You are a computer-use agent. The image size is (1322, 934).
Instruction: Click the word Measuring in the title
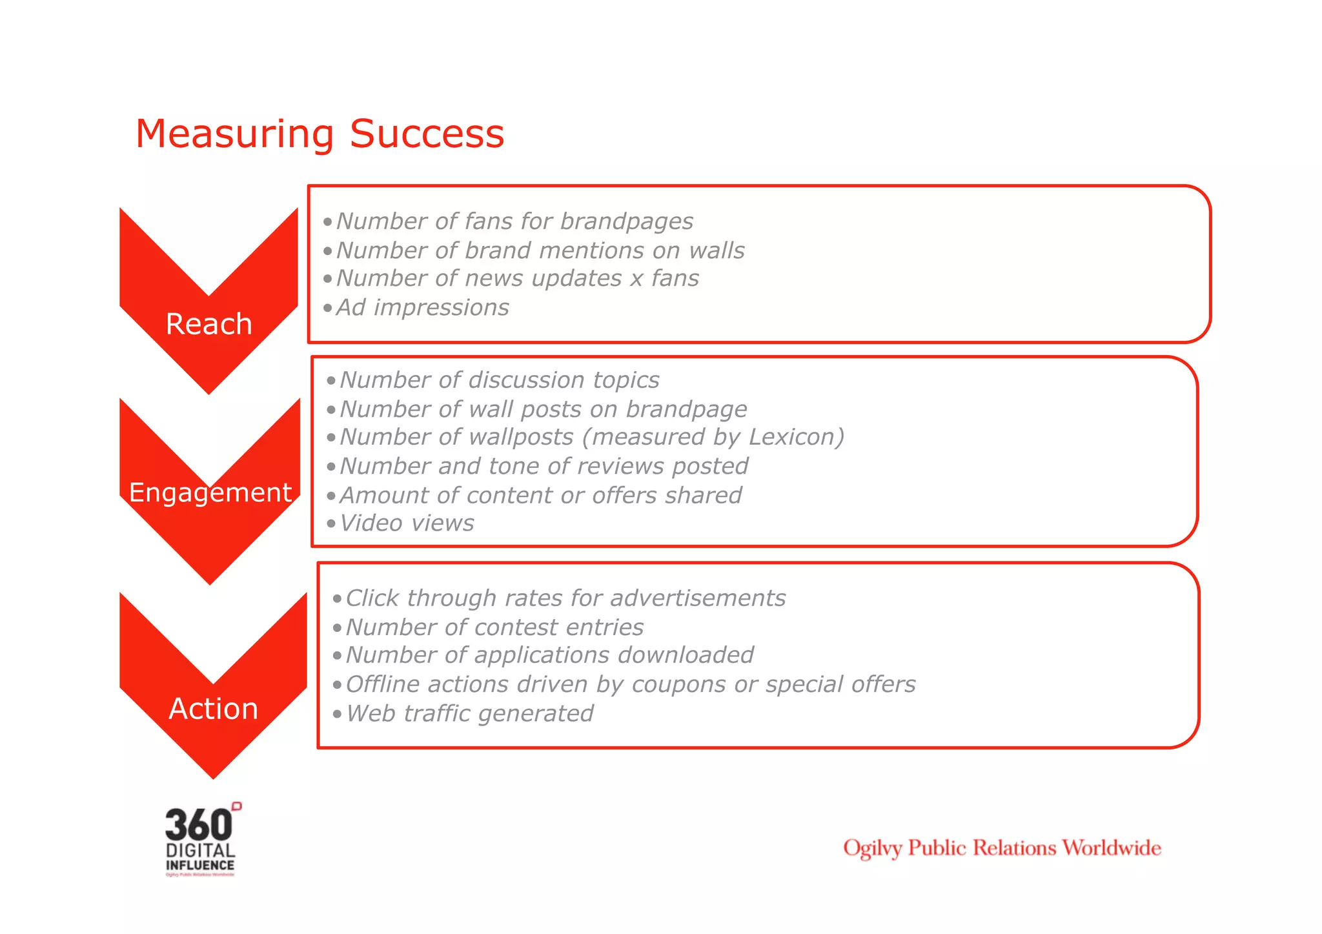click(235, 134)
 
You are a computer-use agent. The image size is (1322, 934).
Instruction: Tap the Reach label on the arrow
click(208, 324)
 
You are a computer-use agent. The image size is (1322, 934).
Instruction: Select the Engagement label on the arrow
click(210, 492)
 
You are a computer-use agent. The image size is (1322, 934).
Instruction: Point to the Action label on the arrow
click(213, 709)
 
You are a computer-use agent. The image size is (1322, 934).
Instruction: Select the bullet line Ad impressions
click(423, 308)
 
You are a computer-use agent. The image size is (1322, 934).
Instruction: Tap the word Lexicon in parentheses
click(793, 437)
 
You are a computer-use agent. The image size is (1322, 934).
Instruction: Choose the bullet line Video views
click(407, 523)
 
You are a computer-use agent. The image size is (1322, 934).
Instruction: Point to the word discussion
click(527, 380)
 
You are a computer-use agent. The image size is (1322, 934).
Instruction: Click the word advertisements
click(698, 598)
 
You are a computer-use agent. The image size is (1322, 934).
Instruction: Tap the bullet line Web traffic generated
click(469, 714)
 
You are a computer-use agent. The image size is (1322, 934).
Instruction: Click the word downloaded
click(686, 655)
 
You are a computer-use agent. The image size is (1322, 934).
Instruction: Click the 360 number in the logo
click(198, 825)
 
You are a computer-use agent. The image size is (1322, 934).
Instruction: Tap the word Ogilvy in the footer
click(872, 848)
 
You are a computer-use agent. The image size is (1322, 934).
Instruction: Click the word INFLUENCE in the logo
click(200, 866)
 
